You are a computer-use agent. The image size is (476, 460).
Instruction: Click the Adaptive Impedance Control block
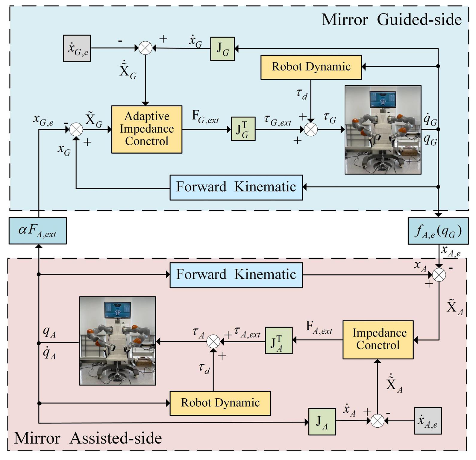147,129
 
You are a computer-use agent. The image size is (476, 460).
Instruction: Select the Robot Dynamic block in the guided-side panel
311,67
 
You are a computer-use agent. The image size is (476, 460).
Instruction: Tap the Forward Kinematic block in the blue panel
236,187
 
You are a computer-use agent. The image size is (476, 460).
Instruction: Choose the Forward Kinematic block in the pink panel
236,275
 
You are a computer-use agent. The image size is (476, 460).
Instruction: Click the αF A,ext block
38,231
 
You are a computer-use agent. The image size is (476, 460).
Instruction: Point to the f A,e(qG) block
438,231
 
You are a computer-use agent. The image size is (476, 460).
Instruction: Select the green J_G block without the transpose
222,49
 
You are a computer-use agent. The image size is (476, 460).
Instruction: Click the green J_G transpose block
243,129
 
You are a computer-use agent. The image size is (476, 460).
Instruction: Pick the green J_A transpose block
279,340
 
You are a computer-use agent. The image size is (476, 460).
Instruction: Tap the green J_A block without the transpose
322,422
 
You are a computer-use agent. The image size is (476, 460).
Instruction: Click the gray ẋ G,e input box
77,48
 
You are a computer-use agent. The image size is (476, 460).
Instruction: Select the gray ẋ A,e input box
428,421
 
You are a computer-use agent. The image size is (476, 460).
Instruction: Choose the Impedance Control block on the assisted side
378,340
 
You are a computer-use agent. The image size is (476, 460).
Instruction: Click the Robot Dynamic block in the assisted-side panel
220,403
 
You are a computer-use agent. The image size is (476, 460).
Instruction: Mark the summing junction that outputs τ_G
311,129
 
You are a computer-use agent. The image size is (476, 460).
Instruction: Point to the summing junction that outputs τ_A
213,341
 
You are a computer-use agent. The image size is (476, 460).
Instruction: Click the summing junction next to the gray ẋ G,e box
145,48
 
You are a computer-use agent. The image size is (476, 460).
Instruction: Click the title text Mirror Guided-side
392,20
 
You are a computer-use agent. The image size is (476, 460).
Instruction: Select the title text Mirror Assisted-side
88,438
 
